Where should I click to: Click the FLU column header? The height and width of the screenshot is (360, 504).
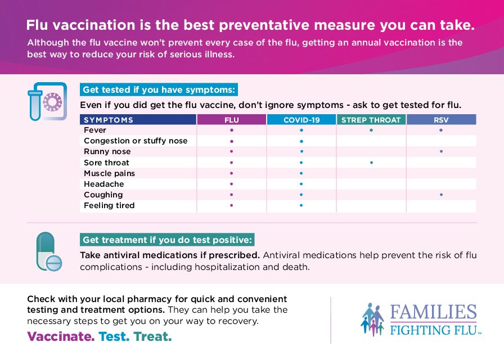click(231, 120)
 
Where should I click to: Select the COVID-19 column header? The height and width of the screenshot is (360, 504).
click(301, 120)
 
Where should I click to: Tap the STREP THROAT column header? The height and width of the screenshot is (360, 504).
click(371, 120)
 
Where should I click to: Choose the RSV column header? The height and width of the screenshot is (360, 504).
click(441, 120)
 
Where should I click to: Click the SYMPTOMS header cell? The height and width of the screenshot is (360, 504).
click(109, 120)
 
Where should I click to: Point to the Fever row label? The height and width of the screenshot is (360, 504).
click(95, 130)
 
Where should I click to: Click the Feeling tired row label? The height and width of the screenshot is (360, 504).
click(109, 205)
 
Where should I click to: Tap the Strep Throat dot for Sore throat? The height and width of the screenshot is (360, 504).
click(371, 163)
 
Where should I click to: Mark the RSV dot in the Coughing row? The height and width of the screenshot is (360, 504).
click(441, 195)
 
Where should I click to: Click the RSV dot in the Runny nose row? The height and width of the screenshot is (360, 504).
click(441, 151)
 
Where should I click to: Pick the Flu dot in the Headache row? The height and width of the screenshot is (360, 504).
click(231, 184)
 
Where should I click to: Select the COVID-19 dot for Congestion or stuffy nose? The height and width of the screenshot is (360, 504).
click(301, 141)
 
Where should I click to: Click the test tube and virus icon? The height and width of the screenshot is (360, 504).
click(44, 101)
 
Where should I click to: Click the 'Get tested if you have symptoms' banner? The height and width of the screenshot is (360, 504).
click(159, 90)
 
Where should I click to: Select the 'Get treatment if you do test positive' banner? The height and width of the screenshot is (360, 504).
click(168, 240)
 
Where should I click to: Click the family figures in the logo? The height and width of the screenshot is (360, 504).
click(372, 319)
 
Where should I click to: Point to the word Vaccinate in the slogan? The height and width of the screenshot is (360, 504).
click(61, 337)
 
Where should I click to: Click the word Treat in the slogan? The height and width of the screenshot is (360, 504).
click(152, 337)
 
